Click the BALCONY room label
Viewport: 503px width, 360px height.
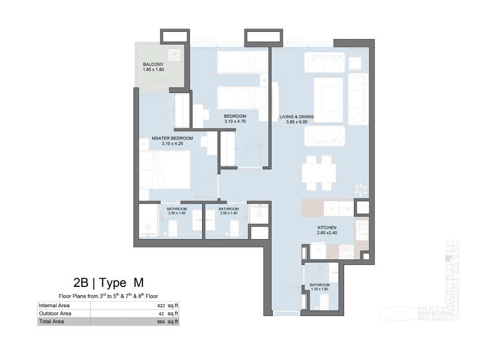[x=153, y=64]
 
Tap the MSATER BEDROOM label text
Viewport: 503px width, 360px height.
[x=172, y=139]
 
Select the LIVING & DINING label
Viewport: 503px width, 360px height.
[x=296, y=117]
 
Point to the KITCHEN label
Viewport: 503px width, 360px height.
[x=327, y=228]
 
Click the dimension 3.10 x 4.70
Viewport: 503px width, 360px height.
[x=235, y=121]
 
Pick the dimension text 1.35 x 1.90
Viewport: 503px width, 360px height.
[x=319, y=289]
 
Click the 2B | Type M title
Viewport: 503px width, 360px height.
[x=108, y=283]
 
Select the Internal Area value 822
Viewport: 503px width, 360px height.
[x=161, y=306]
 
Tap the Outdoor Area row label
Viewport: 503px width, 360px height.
[x=55, y=313]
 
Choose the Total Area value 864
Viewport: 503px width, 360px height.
[x=161, y=322]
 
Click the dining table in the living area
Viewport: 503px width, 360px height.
[x=319, y=173]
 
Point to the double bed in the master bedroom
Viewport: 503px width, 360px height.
[x=165, y=170]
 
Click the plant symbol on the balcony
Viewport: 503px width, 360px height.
[x=174, y=55]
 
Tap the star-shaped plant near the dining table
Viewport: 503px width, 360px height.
[x=361, y=189]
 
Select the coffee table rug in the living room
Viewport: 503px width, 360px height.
[x=328, y=99]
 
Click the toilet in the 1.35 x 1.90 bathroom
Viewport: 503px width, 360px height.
[x=324, y=302]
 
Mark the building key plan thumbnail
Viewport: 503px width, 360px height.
[x=419, y=281]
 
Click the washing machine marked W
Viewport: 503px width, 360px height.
[x=331, y=209]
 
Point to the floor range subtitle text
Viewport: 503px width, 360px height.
[x=108, y=296]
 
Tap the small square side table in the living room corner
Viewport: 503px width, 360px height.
[x=355, y=64]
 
